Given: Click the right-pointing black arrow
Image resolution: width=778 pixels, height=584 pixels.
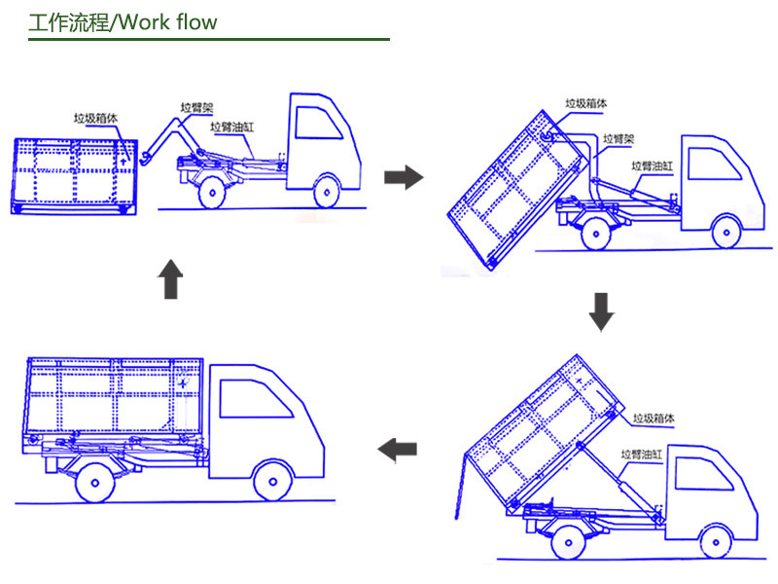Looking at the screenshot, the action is pos(404,177).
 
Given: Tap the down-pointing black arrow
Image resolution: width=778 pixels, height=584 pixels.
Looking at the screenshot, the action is pos(601,311).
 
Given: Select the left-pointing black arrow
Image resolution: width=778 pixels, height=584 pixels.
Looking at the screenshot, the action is pos(397,450).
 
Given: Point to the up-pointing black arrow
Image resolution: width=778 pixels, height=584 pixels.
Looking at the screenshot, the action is pos(170,279).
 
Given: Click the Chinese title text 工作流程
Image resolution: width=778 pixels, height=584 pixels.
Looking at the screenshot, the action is pos(69,22).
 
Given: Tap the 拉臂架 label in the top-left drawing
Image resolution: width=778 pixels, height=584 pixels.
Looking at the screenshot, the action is pos(196,108).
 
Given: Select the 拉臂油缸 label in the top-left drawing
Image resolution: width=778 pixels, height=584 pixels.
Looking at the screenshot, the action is pos(231,128).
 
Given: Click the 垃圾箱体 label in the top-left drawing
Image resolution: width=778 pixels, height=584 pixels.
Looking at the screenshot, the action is pos(95,118).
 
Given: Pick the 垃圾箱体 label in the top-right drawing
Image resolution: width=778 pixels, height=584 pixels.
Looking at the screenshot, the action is pos(586,103).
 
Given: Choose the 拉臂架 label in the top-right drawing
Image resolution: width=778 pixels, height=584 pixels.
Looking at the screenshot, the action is pos(619,139).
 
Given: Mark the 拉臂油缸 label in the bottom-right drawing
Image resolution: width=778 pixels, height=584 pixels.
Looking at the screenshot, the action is pos(642,454).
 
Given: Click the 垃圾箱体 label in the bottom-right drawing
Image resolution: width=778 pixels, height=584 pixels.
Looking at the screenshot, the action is pos(654,419).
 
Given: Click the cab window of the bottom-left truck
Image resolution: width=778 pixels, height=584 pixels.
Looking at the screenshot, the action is pos(256,399).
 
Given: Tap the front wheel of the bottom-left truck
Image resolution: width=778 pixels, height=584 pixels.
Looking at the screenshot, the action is pos(272,481).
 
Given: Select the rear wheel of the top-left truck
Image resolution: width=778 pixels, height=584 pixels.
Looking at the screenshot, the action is pos(212,192).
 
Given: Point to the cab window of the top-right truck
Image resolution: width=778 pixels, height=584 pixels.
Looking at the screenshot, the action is pos(715,164).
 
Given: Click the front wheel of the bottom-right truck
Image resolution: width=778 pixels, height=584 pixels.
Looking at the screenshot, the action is pos(716,542).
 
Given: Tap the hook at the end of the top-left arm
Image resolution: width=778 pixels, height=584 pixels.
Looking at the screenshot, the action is pos(145,159).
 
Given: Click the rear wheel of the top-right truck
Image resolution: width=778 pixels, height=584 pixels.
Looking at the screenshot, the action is pos(595,234).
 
